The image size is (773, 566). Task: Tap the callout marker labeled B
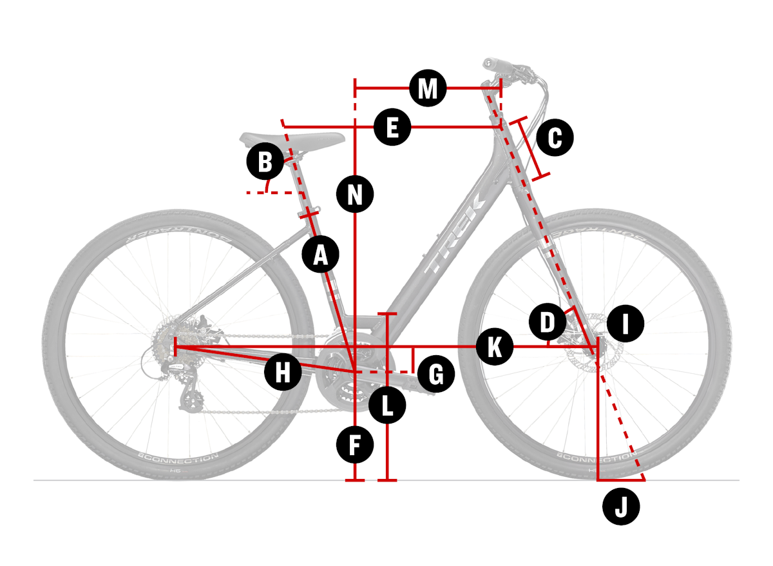point(265,161)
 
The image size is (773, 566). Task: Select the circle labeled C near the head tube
point(555,137)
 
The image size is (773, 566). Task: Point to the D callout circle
point(547,322)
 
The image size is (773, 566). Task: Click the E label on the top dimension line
point(392,127)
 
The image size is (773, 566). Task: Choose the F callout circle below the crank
point(355,445)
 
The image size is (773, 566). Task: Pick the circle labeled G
point(436,375)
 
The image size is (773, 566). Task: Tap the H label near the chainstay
point(283,373)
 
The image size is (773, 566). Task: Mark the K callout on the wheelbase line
point(494,347)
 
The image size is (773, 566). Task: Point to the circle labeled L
point(387,405)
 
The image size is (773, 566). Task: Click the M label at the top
point(428,88)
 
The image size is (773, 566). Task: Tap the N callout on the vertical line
point(355,193)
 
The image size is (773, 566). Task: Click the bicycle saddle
point(292,139)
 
